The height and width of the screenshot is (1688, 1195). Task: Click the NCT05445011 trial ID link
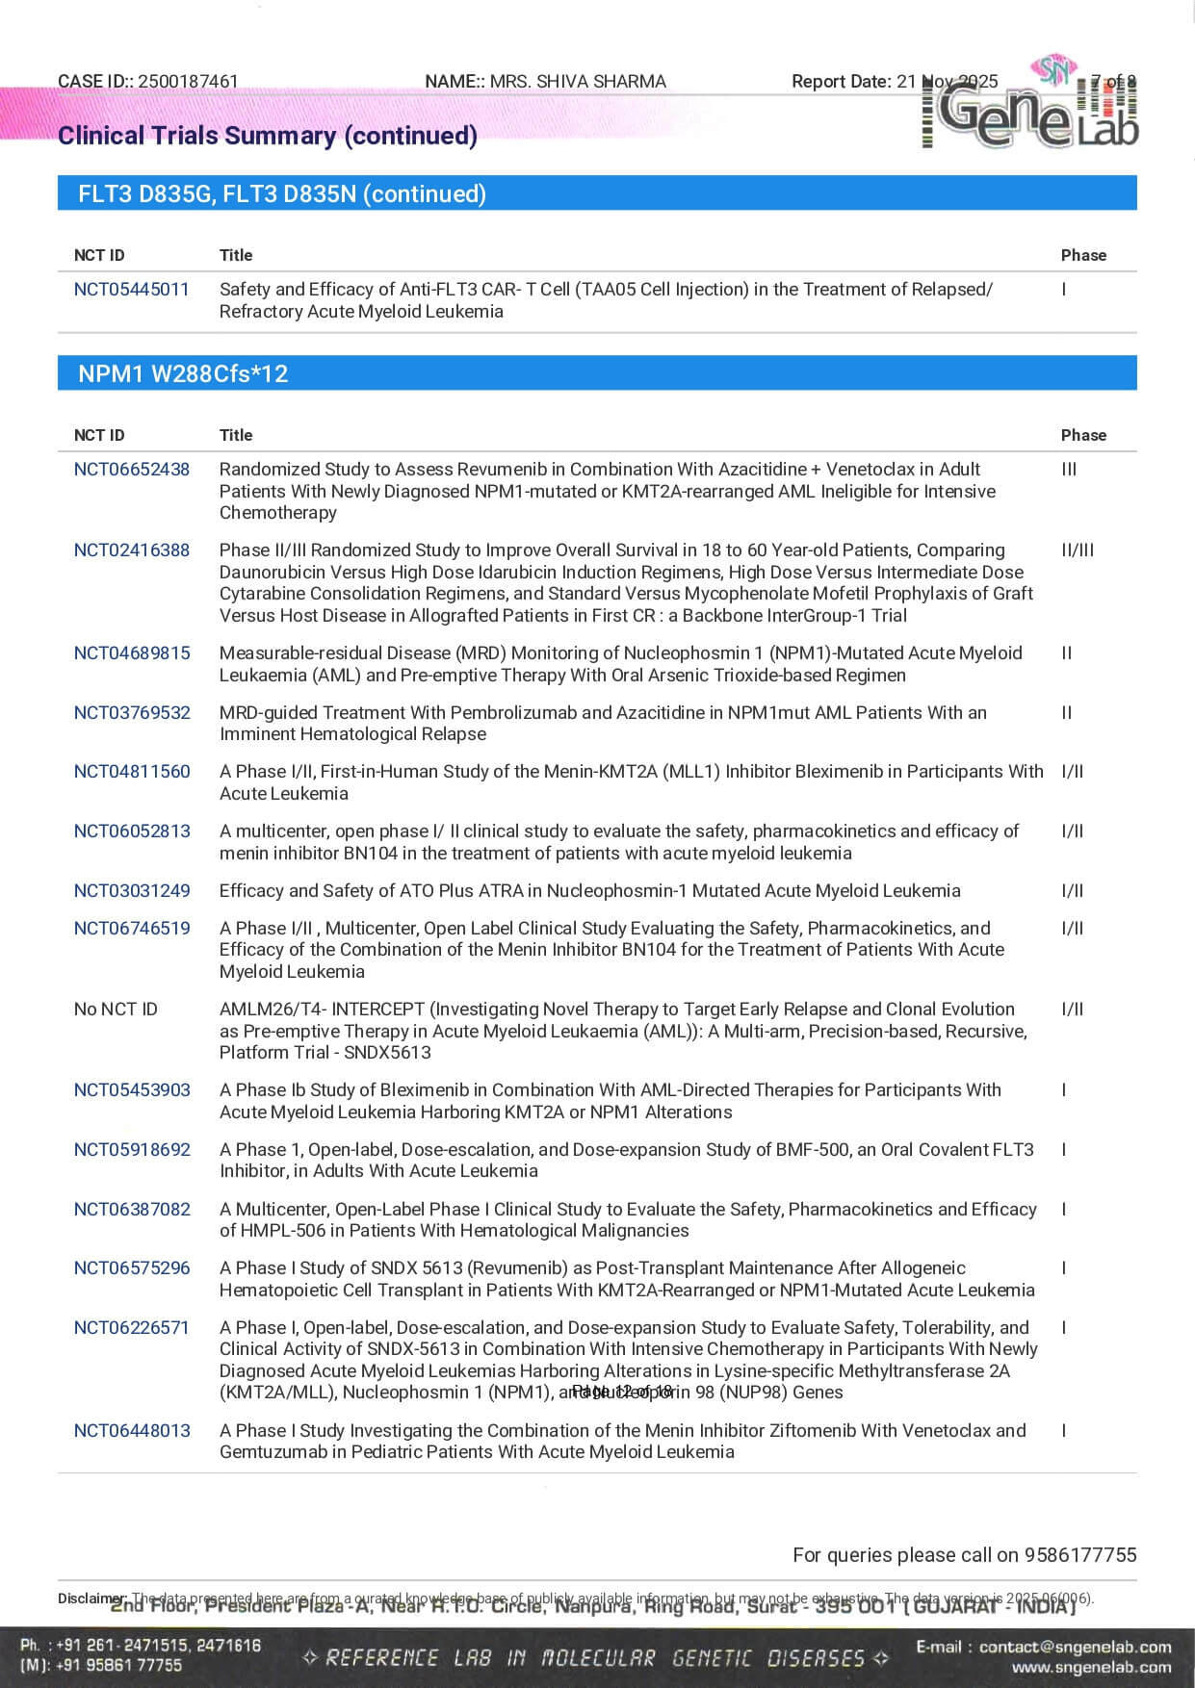(132, 289)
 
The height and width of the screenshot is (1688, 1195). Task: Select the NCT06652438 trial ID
(132, 469)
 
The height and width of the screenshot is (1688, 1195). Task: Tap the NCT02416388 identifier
(132, 550)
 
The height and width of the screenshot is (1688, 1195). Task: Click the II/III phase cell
(1078, 550)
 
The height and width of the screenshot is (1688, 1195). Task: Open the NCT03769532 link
(132, 712)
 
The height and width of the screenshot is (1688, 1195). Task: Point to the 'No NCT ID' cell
(116, 1009)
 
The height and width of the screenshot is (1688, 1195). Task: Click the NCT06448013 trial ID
(132, 1430)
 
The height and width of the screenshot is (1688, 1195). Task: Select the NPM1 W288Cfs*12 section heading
(183, 373)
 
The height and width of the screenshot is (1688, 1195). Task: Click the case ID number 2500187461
(188, 82)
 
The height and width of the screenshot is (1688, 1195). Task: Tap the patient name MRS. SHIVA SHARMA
(578, 82)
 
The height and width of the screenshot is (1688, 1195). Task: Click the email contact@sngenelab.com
(1075, 1647)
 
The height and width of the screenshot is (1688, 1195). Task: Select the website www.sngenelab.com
(1091, 1667)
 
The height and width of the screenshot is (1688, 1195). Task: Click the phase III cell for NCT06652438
(1069, 469)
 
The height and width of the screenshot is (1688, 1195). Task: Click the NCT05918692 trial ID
(132, 1149)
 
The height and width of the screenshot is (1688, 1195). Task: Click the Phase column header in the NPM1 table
(1083, 435)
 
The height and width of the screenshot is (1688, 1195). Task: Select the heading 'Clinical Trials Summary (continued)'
(268, 136)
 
